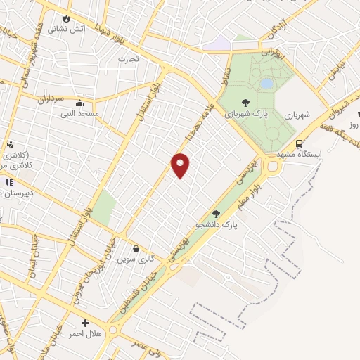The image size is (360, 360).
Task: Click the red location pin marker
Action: tap(181, 165)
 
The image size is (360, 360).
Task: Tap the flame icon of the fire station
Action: tap(67, 18)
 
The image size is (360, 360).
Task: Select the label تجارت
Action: tap(129, 58)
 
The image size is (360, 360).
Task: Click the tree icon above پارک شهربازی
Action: tap(244, 103)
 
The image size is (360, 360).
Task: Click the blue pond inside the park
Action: tap(266, 84)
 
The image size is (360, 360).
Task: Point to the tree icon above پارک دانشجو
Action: tap(216, 214)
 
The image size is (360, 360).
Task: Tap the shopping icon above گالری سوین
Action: tap(136, 248)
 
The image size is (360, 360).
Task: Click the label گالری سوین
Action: tap(136, 259)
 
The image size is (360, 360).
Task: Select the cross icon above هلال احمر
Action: tap(85, 323)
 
